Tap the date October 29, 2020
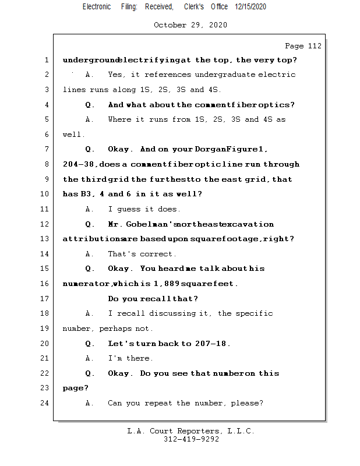(190, 25)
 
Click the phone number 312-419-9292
(191, 440)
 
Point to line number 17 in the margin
(46, 299)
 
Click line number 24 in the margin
(46, 403)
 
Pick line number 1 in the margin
(46, 60)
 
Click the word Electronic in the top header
(97, 6)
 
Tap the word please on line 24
(246, 403)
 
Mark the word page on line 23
(73, 388)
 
